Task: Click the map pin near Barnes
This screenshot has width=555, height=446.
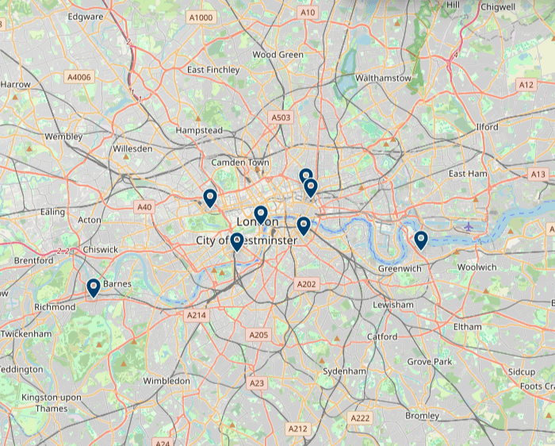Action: tap(94, 287)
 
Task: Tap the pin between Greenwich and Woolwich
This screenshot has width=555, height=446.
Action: tap(421, 240)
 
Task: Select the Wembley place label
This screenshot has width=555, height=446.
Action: tap(63, 136)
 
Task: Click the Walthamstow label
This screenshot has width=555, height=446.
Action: tap(384, 79)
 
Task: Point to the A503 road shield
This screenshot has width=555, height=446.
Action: tap(281, 117)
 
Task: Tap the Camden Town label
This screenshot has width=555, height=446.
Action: tap(240, 163)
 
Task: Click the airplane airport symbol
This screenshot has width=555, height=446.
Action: tap(469, 226)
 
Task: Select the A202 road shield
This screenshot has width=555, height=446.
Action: tap(306, 284)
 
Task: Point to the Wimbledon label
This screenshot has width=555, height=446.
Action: tap(166, 381)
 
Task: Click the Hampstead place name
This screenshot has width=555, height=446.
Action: tap(199, 130)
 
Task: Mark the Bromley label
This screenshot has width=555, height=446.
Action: tap(422, 416)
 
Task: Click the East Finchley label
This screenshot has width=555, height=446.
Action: tap(213, 70)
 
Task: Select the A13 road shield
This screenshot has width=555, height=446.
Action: tap(538, 174)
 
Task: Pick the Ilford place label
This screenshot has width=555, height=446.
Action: tap(487, 127)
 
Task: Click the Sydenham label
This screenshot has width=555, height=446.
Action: tap(345, 371)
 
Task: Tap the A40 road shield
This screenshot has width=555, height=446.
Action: tap(144, 207)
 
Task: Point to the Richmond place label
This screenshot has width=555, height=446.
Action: tap(55, 307)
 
